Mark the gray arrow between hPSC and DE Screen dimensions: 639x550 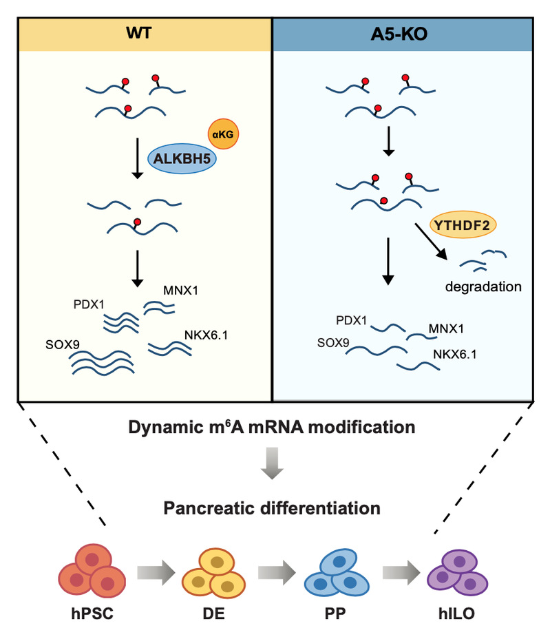click(x=153, y=570)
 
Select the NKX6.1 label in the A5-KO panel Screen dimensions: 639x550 click(x=456, y=355)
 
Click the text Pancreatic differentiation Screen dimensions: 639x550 click(x=273, y=509)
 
